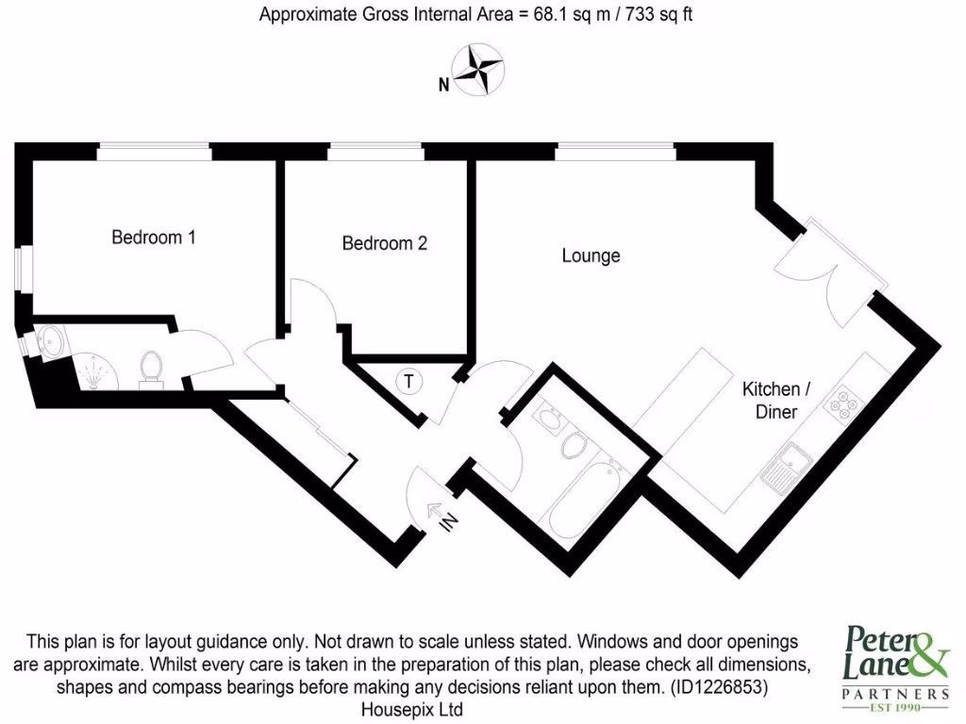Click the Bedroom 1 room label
[x=154, y=238]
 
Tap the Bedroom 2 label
[x=384, y=243]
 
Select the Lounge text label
[x=591, y=255]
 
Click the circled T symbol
[x=408, y=382]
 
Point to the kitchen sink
[x=786, y=466]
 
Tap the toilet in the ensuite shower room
[x=151, y=368]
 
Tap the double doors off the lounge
[x=823, y=273]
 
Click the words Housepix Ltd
[x=412, y=709]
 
